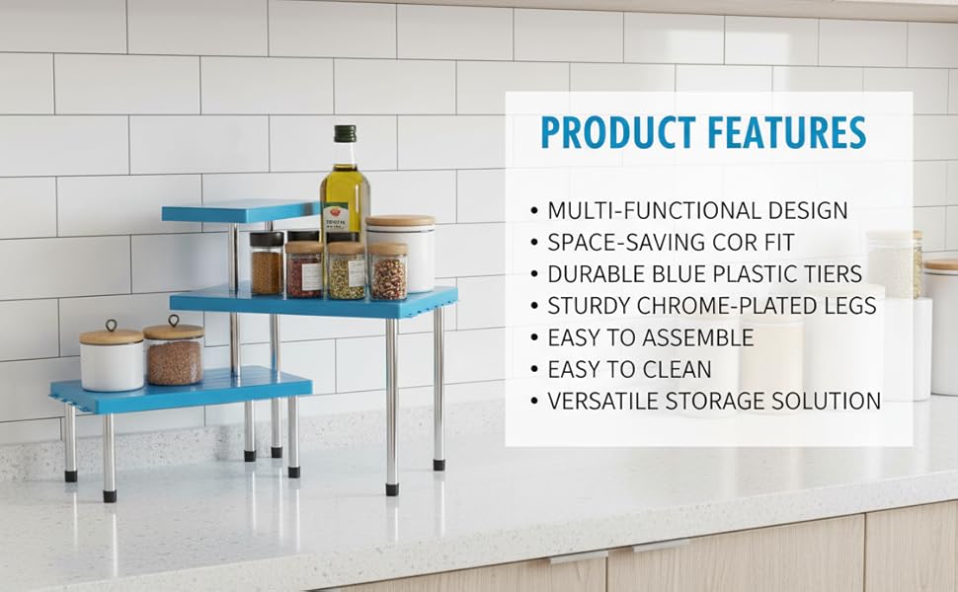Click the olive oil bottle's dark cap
pyautogui.click(x=345, y=134)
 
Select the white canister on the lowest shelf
pyautogui.click(x=112, y=361)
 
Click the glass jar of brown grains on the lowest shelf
pyautogui.click(x=174, y=357)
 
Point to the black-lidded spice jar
pyautogui.click(x=267, y=263)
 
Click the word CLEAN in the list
pyautogui.click(x=677, y=369)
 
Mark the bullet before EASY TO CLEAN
pyautogui.click(x=534, y=370)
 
